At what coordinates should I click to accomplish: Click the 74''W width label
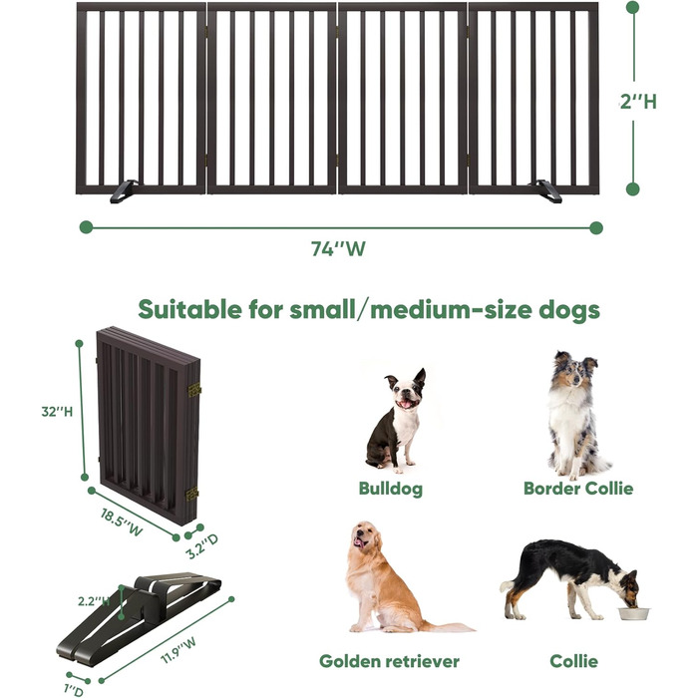point(338,249)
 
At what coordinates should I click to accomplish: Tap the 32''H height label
point(57,412)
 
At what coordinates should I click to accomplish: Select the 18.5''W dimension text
point(122,523)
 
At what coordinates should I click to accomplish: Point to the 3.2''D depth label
point(202,546)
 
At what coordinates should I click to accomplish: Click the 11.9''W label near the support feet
point(178,650)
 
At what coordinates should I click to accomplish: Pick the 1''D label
point(74,690)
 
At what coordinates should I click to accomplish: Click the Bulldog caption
point(391,489)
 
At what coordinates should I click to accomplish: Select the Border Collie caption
point(578,489)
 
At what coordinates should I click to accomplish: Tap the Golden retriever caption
point(389,661)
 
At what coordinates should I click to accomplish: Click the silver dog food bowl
point(633,613)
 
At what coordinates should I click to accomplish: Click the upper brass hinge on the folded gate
point(194,391)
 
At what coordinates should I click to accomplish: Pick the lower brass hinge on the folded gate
point(192,495)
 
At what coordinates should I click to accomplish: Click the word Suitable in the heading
point(190,309)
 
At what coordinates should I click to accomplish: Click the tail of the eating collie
point(508,585)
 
